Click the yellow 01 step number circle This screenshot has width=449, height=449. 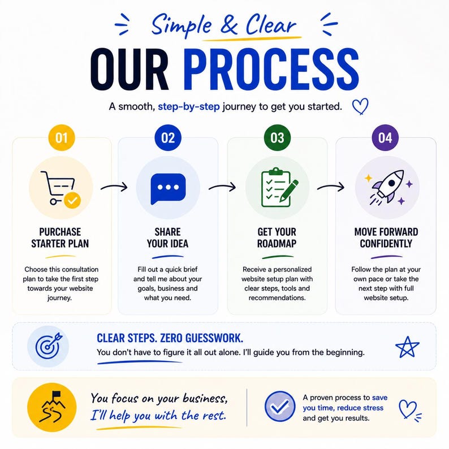pos(62,138)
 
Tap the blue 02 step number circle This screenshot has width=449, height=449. pos(168,138)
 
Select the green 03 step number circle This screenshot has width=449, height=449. pos(277,138)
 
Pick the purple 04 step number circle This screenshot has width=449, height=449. pos(385,138)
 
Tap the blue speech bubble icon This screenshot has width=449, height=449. pos(168,188)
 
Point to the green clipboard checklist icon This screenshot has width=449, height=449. pos(279,187)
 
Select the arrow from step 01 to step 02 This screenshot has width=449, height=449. pos(114,187)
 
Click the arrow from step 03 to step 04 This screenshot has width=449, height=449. pos(331,187)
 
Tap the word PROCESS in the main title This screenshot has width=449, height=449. pos(271,70)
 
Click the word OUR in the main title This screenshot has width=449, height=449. pos(129,70)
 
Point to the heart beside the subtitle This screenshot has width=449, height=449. pos(360,106)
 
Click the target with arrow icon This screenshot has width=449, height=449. pos(48,346)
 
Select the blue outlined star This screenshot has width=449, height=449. pos(407,347)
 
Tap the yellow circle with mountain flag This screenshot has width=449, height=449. pos(52,407)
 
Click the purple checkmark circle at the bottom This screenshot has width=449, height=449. pos(280,407)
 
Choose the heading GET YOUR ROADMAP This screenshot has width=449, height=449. pos(277,238)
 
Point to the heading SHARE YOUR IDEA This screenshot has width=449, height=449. pos(167,238)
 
